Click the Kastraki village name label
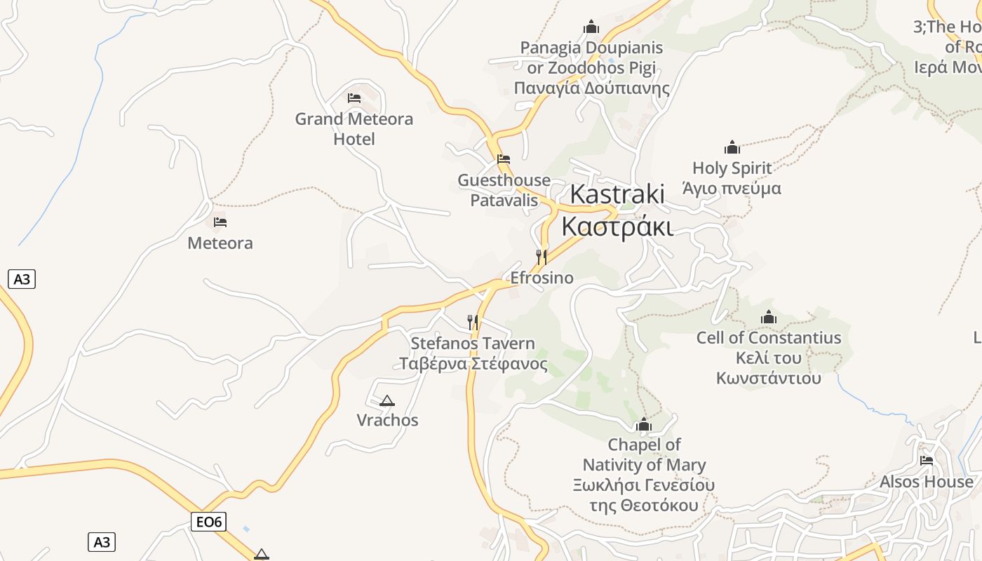617,210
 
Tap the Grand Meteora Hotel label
354,129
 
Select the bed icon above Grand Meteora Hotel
354,98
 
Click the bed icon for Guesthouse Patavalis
504,159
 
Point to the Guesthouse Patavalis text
504,190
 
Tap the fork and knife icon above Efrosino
542,257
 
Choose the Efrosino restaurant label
542,278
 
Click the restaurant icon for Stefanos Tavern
473,322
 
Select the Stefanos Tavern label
473,353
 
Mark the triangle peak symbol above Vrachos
386,401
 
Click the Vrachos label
387,420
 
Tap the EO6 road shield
208,522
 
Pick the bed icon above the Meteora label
220,222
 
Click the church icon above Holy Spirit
732,147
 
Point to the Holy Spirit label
732,178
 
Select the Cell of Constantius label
769,358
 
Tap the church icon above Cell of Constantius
769,318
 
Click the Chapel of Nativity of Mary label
644,475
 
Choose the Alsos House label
926,482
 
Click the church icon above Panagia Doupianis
591,27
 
